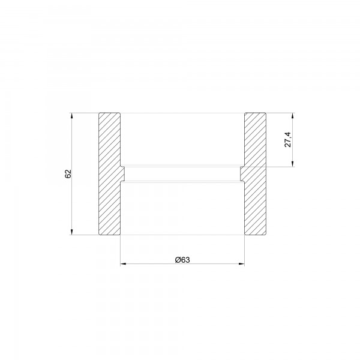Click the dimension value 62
click(68, 173)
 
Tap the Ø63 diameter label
click(182, 259)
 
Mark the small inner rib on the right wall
click(242, 173)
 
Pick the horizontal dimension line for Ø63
click(210, 263)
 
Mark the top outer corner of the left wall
click(98, 112)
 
